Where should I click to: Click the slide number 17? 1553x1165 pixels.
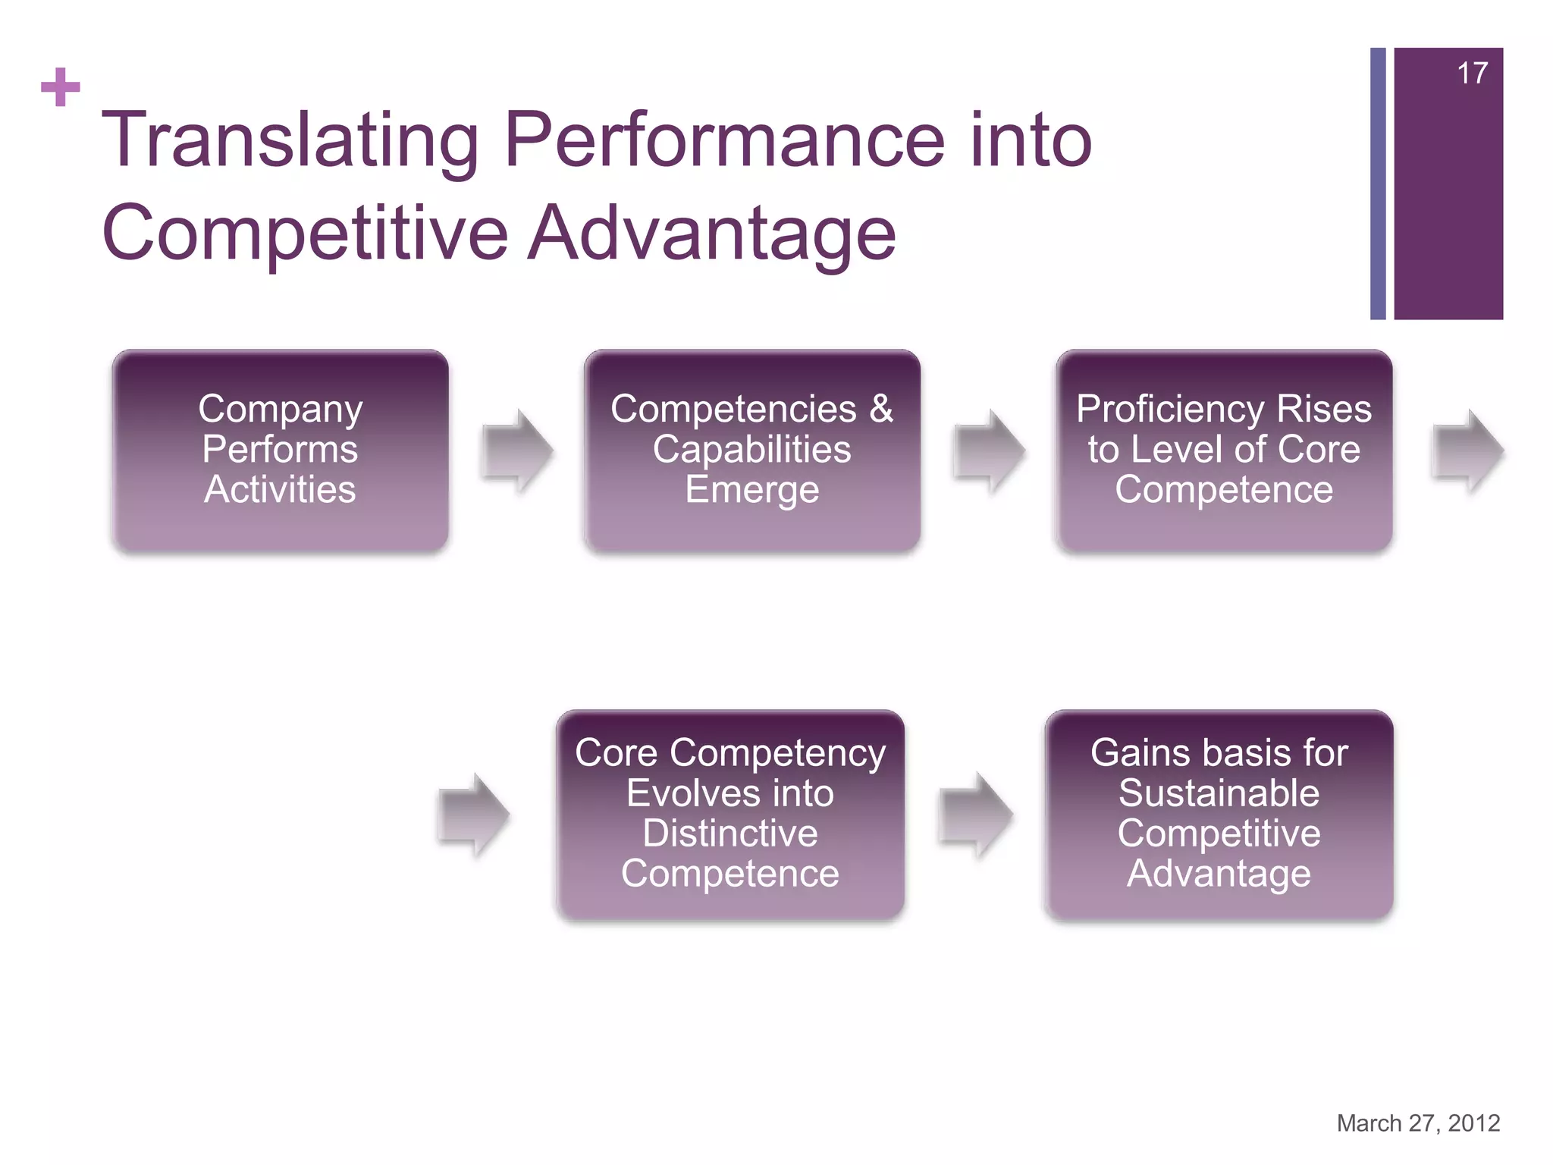[x=1472, y=74]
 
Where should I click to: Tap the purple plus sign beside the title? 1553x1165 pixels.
[x=61, y=87]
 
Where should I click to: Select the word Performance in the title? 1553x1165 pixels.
[x=724, y=140]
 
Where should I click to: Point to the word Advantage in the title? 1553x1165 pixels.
[x=713, y=233]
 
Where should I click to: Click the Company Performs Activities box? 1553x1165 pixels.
[x=280, y=451]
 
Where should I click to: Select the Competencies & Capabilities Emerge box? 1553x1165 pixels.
[x=751, y=451]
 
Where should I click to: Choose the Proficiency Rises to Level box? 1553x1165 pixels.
[x=1223, y=451]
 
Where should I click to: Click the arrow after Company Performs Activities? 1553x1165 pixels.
[x=518, y=452]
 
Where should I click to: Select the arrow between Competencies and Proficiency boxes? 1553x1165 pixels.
[x=990, y=452]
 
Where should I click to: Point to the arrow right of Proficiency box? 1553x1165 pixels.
[x=1467, y=452]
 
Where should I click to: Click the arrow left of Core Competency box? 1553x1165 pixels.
[x=475, y=815]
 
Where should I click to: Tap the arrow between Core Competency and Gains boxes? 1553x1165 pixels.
[x=975, y=815]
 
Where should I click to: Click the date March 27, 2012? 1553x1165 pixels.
[x=1418, y=1123]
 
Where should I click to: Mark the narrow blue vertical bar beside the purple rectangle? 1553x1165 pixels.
[x=1378, y=184]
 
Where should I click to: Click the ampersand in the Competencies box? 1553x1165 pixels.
[x=881, y=410]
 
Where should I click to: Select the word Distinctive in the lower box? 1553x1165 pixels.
[x=729, y=834]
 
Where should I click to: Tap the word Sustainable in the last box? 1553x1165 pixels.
[x=1219, y=793]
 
